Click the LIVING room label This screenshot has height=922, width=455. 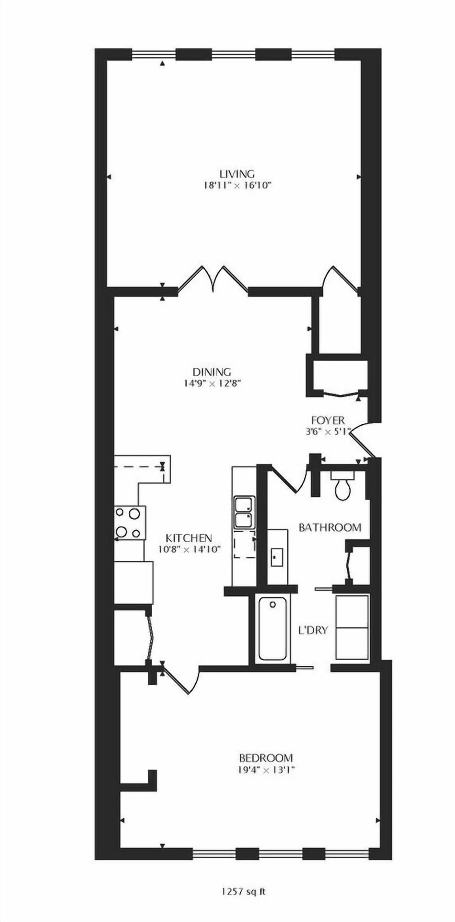(x=237, y=174)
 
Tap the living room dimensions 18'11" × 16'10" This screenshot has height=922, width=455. (x=237, y=185)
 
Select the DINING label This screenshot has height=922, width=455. (x=212, y=372)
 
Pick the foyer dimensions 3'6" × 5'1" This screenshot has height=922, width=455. (x=328, y=431)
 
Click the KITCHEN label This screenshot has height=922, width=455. (x=189, y=538)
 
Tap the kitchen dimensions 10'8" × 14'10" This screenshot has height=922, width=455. (x=190, y=550)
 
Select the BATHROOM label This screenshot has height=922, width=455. (x=330, y=528)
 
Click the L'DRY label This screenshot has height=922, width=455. (x=313, y=630)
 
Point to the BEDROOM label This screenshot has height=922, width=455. (x=266, y=758)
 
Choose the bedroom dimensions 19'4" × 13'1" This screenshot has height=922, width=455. (x=266, y=770)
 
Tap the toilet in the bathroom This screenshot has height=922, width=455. (x=343, y=486)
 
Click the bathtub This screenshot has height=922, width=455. (x=272, y=628)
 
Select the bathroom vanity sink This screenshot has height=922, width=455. (x=277, y=557)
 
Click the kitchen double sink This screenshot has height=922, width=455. (x=244, y=512)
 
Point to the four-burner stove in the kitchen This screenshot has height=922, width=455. (x=130, y=523)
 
